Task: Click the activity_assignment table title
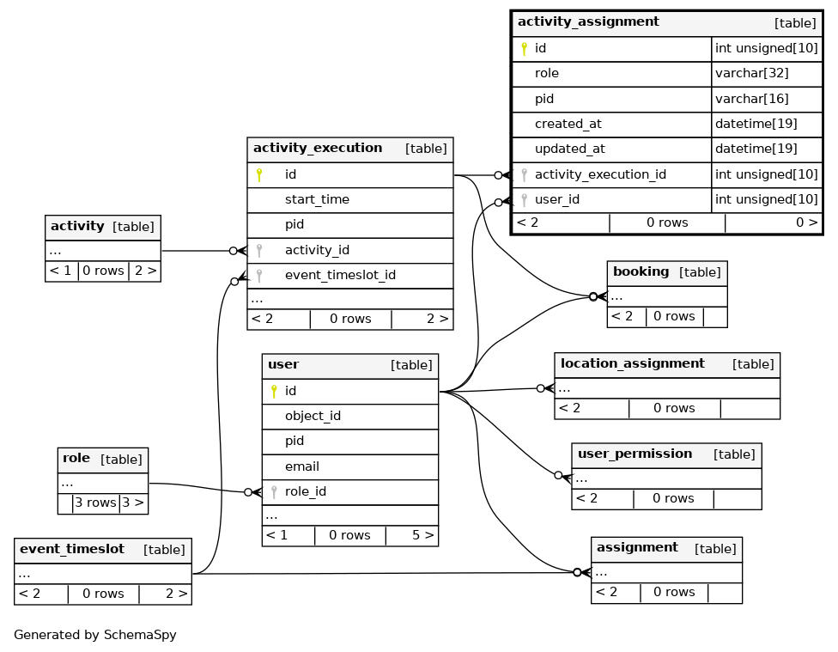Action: coord(588,21)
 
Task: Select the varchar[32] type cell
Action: coord(751,73)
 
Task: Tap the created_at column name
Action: coord(568,124)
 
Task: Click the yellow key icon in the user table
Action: coord(274,391)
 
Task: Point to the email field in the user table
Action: coord(302,466)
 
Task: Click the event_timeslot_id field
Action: coord(340,275)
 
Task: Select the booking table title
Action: coord(641,271)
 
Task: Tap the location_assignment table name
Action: coord(632,363)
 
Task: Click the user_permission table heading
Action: coord(635,454)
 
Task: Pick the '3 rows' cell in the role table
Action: coord(95,503)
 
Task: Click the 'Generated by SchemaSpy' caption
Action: coord(95,635)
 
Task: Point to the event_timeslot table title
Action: coord(71,549)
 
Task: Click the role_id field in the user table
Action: coord(305,491)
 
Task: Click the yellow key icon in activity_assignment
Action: coord(525,49)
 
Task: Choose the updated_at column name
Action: coord(570,149)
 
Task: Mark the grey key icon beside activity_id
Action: coord(259,250)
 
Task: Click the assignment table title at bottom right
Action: coord(637,548)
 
